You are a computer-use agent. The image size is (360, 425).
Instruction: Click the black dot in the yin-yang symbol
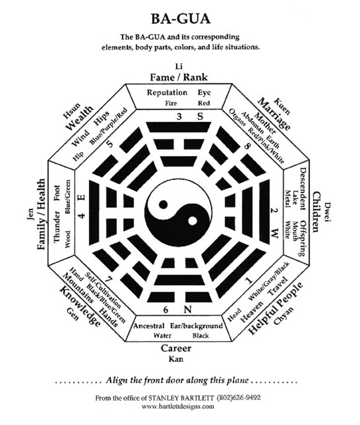pos(165,204)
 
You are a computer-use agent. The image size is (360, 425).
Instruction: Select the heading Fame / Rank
pos(179,77)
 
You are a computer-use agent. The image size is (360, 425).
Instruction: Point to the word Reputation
pos(167,92)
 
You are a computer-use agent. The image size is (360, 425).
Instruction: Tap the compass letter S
pos(200,117)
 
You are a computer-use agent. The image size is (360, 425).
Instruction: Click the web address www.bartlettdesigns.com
pos(180,406)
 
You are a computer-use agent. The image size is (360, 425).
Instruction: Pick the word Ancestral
pos(149,326)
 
